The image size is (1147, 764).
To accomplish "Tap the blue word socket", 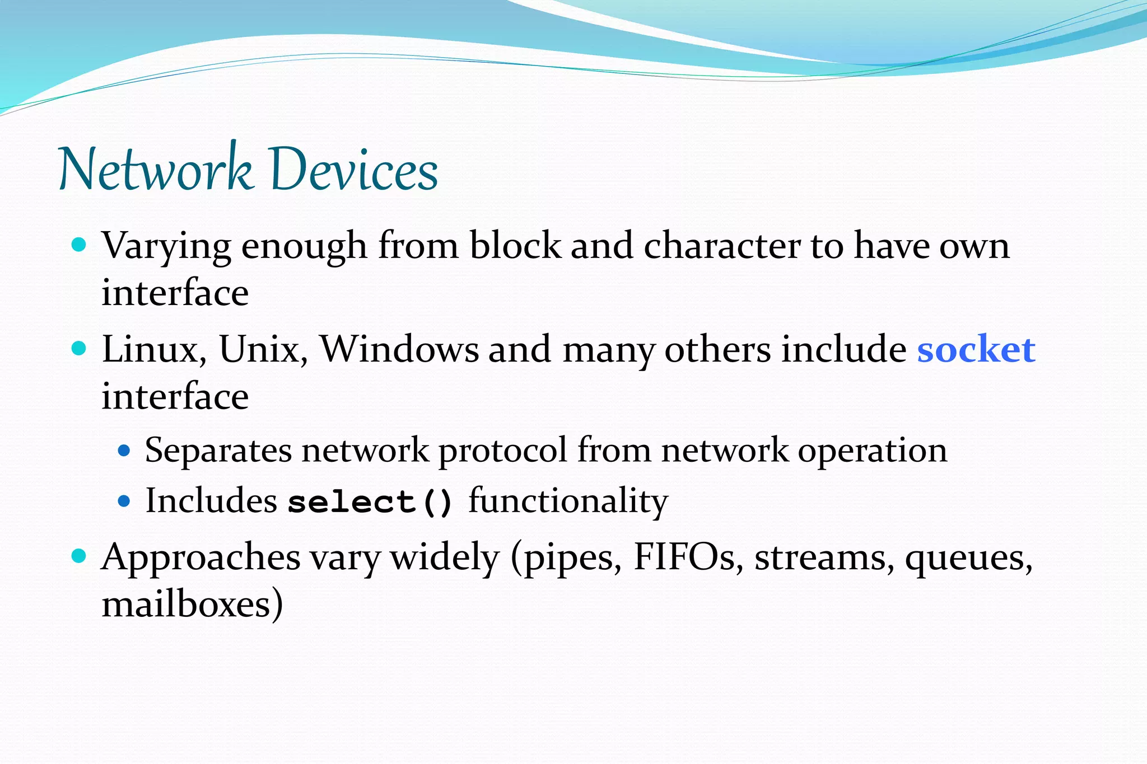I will pyautogui.click(x=976, y=349).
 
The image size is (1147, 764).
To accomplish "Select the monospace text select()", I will pyautogui.click(x=370, y=501).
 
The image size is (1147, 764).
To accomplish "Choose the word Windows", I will pyautogui.click(x=399, y=349).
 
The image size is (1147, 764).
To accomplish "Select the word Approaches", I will pyautogui.click(x=201, y=559).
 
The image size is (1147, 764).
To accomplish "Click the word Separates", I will pyautogui.click(x=218, y=451).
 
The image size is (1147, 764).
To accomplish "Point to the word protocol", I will pyautogui.click(x=502, y=451).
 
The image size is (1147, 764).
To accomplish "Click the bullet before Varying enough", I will pyautogui.click(x=80, y=245).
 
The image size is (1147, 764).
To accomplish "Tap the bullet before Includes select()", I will pyautogui.click(x=124, y=500).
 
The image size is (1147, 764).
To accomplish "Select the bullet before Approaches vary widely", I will pyautogui.click(x=80, y=556).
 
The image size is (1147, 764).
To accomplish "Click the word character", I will pyautogui.click(x=722, y=246).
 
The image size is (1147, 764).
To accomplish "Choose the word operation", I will pyautogui.click(x=873, y=451).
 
